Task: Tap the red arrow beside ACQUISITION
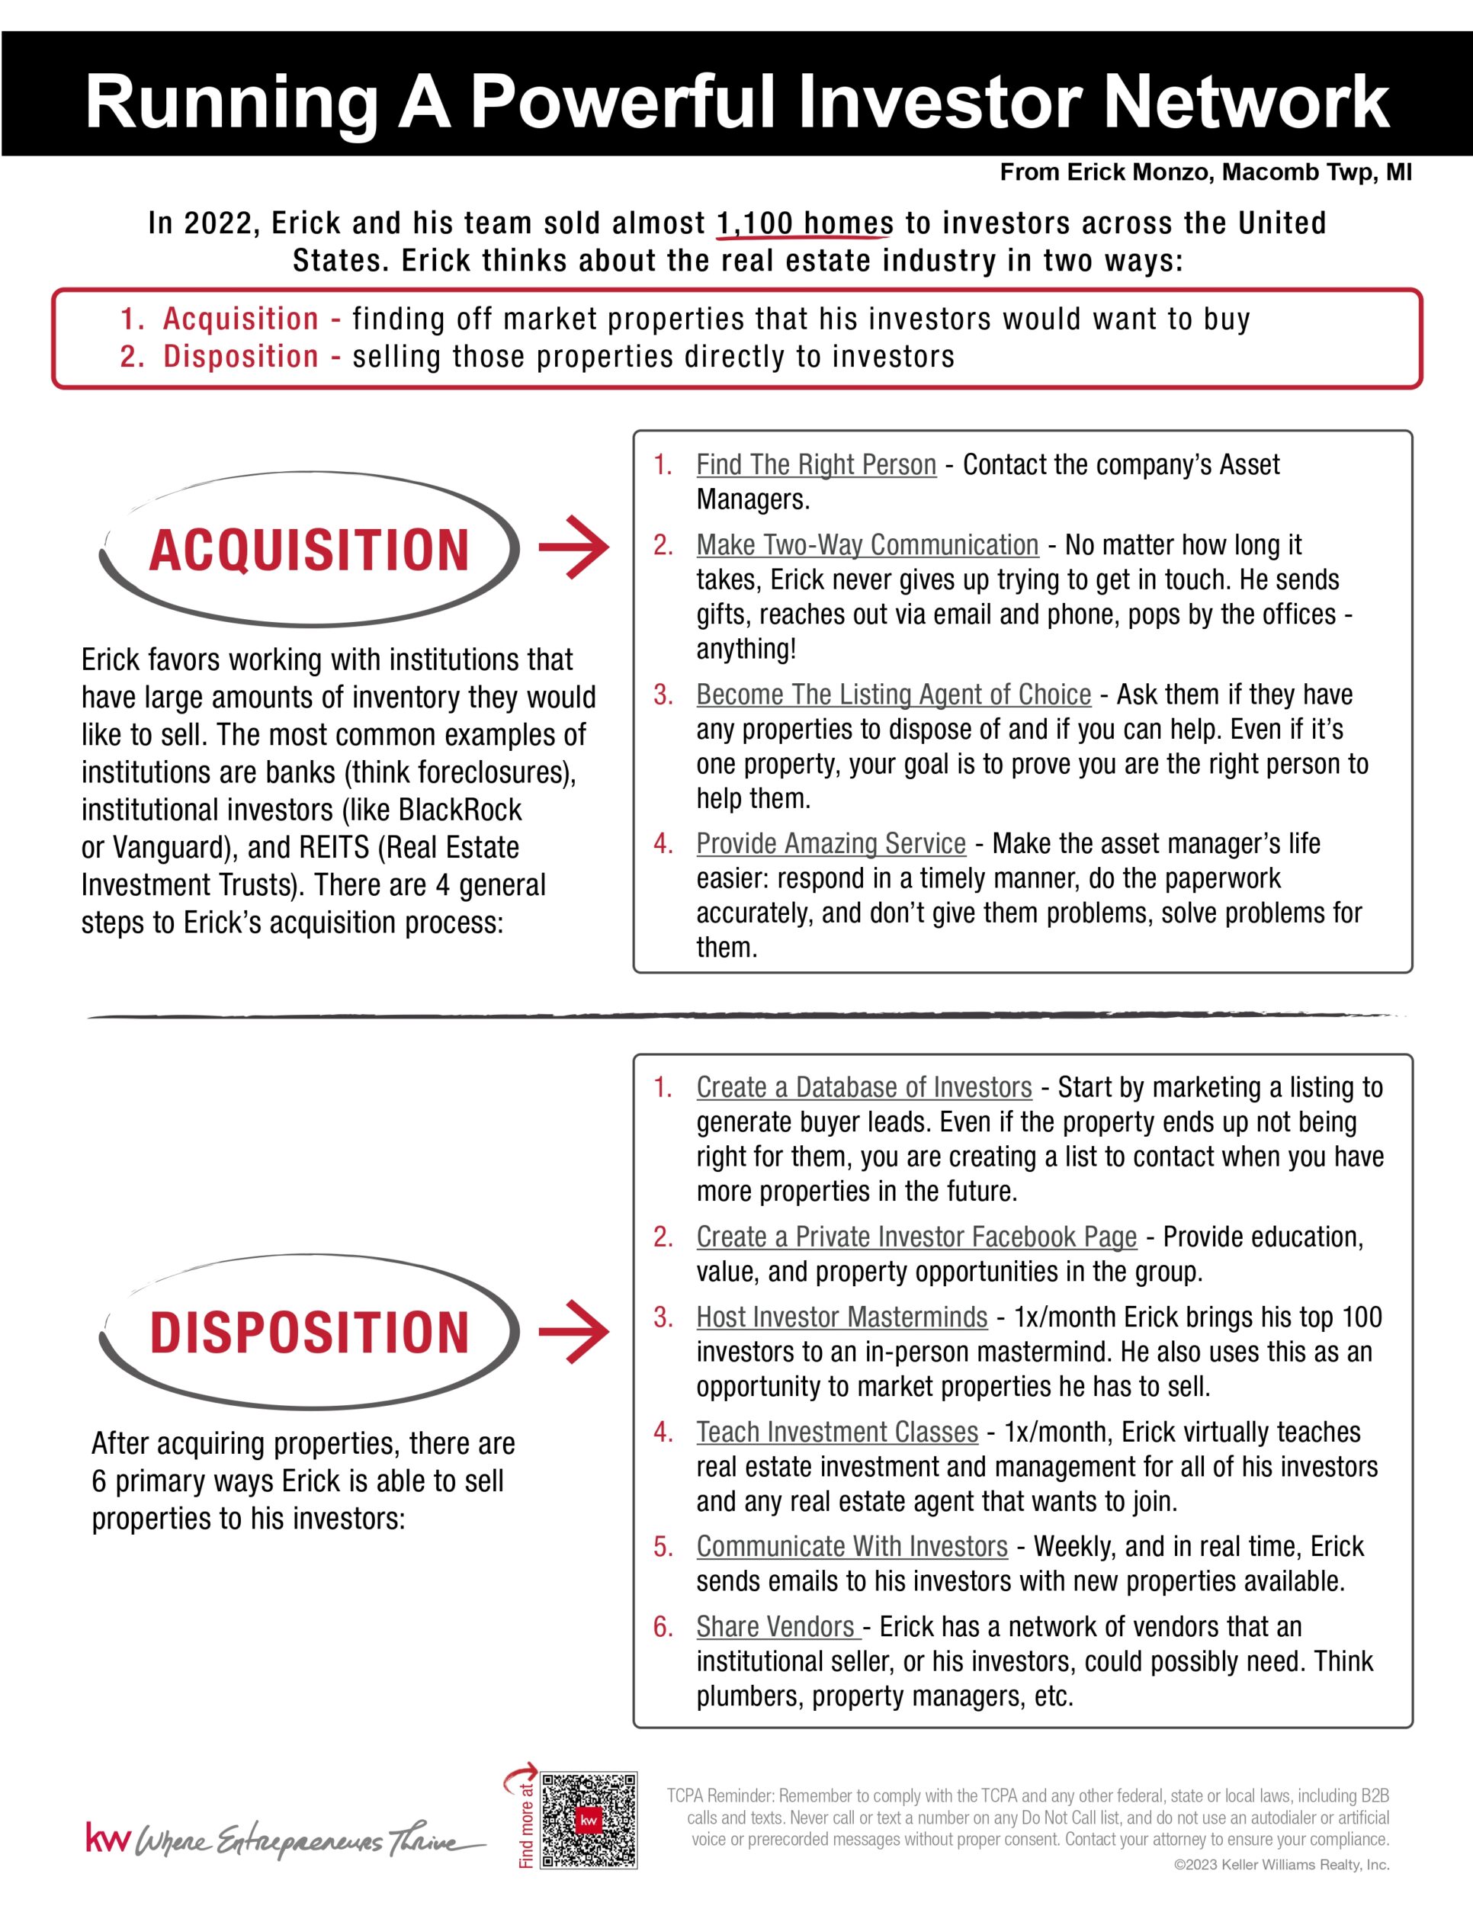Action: (573, 547)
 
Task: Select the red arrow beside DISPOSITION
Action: (573, 1331)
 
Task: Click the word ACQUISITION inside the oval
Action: (309, 550)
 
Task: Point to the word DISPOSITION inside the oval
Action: (309, 1333)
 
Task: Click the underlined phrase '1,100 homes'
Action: (804, 223)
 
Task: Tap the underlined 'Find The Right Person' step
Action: (816, 464)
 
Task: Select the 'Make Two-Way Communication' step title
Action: (868, 544)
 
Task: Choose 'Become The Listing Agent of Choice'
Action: (894, 694)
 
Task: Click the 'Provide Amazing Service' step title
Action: (831, 843)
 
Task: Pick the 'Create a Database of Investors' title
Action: (864, 1086)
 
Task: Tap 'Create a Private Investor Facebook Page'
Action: (916, 1236)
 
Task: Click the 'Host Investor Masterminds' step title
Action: (841, 1316)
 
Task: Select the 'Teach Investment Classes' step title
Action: (837, 1431)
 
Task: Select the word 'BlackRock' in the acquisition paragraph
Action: (460, 810)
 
